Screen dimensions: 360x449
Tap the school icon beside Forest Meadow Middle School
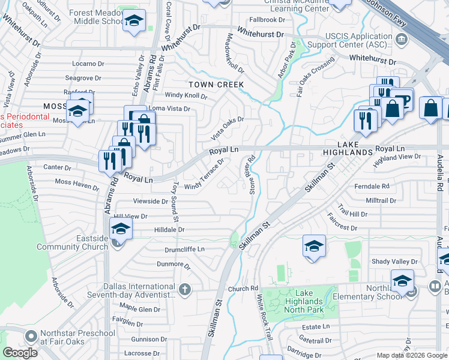[x=134, y=22]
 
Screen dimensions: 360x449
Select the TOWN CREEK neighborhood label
[x=217, y=85]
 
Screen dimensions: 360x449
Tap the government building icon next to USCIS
[x=402, y=40]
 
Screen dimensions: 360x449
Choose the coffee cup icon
[x=403, y=99]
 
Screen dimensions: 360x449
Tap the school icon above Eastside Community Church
[x=120, y=229]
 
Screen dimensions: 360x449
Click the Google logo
[x=20, y=353]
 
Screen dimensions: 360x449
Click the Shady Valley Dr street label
[x=394, y=262]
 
